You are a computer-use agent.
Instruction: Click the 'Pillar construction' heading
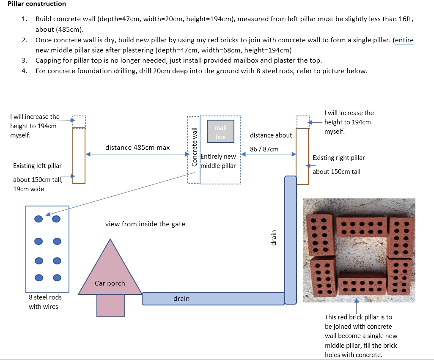[x=37, y=4]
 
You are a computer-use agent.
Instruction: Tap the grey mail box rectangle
[x=221, y=132]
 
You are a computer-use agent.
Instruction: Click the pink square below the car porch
[x=111, y=306]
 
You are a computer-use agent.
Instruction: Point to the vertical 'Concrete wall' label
[x=195, y=147]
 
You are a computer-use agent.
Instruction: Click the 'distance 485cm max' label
[x=137, y=148]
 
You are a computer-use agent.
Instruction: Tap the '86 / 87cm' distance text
[x=264, y=149]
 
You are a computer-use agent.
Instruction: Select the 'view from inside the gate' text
[x=145, y=224]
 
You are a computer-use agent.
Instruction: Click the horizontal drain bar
[x=213, y=299]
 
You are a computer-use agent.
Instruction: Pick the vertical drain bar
[x=291, y=240]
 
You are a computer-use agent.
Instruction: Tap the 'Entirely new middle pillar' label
[x=218, y=161]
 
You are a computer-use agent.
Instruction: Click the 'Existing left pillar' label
[x=37, y=166]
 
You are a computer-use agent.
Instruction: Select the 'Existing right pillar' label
[x=339, y=158]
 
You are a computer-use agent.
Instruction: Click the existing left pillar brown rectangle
[x=79, y=156]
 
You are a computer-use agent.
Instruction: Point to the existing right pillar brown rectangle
[x=302, y=157]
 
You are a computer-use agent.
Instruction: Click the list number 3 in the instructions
[x=25, y=60]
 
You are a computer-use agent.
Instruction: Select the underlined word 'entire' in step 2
[x=404, y=40]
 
